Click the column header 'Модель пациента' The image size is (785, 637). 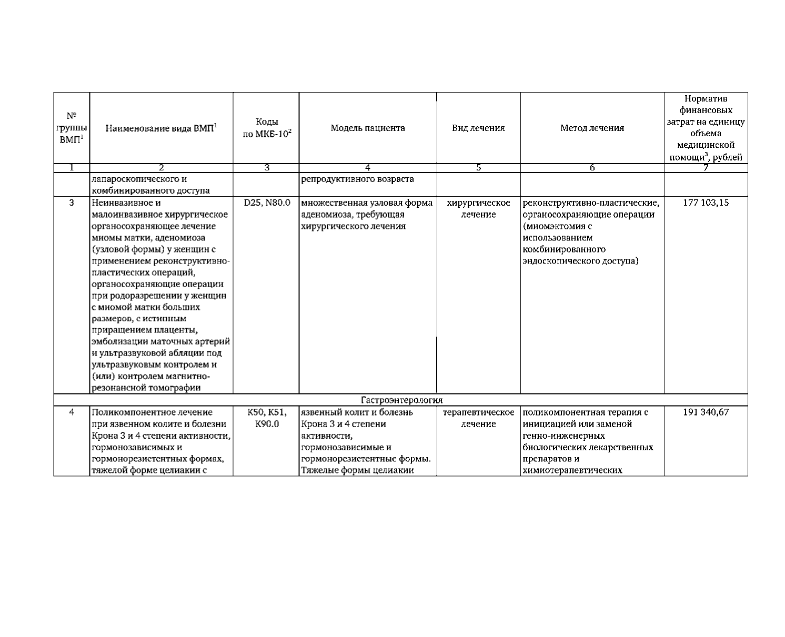(x=367, y=128)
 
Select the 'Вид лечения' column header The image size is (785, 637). (x=478, y=128)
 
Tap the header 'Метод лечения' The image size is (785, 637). (x=592, y=128)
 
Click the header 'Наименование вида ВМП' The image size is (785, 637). (x=161, y=128)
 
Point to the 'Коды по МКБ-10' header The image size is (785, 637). (x=266, y=128)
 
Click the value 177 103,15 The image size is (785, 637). (x=706, y=203)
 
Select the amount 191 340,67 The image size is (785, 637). (x=706, y=412)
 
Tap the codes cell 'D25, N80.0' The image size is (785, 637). (x=267, y=203)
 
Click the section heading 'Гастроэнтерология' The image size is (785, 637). (x=401, y=400)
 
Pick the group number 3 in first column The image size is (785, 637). (x=72, y=203)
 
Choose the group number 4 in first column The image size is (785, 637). (x=72, y=412)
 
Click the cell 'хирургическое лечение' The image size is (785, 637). (x=478, y=208)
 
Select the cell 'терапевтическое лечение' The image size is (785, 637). (x=478, y=418)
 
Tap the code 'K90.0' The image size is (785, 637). (x=267, y=424)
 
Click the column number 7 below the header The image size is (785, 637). (x=706, y=168)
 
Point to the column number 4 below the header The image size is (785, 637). (x=367, y=168)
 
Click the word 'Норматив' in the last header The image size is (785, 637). (x=706, y=99)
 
